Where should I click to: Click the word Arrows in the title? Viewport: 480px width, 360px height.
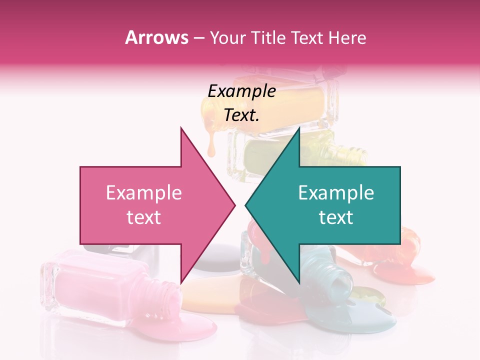click(x=156, y=37)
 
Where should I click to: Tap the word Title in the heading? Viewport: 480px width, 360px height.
click(x=271, y=37)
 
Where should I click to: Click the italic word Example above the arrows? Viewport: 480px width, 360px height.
click(x=241, y=91)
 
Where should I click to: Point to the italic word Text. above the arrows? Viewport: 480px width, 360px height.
click(x=241, y=115)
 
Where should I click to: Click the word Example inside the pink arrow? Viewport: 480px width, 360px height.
click(x=143, y=193)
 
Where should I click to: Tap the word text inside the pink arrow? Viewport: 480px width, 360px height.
click(x=143, y=217)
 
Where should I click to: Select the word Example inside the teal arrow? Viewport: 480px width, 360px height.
click(x=336, y=193)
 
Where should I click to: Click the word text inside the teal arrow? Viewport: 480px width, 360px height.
click(x=336, y=217)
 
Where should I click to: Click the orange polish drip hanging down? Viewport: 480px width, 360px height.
click(x=211, y=145)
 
